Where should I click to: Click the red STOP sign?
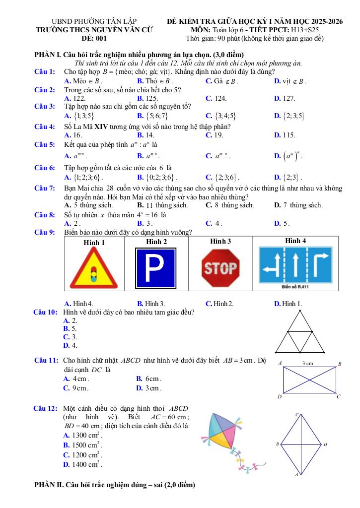pos(220,268)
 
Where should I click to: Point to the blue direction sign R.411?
pos(295,266)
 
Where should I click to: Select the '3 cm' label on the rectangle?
pos(308,364)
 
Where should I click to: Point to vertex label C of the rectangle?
pos(339,397)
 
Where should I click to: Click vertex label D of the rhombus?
pos(325,444)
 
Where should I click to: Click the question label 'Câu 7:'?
pos(45,189)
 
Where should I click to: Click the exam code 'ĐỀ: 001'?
pos(94,38)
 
